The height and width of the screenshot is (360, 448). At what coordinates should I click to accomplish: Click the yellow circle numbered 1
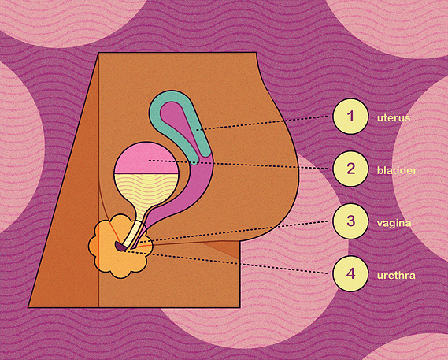tap(350, 117)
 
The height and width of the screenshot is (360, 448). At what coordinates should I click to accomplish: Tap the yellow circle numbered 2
tap(350, 169)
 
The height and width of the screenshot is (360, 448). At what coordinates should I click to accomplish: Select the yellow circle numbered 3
tap(350, 221)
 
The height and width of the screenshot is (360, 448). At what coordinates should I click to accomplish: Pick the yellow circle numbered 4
tap(350, 274)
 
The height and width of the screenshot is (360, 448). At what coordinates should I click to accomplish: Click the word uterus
tap(394, 118)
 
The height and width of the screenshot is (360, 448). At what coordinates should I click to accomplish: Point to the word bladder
tap(397, 170)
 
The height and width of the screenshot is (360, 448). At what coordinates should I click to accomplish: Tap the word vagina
tap(394, 223)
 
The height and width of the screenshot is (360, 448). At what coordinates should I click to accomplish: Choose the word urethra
tap(396, 276)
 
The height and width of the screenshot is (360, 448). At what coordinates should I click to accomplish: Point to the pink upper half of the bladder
tap(146, 158)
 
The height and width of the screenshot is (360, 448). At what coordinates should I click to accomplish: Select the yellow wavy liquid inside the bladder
tap(146, 190)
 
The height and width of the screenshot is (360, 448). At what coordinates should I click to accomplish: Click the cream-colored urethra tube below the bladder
tap(134, 234)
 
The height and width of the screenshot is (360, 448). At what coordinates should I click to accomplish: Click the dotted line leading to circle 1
tap(262, 123)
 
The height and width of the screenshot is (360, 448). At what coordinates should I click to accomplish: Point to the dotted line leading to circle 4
tap(227, 262)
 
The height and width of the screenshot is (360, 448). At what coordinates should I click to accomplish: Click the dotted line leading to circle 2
tap(239, 165)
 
